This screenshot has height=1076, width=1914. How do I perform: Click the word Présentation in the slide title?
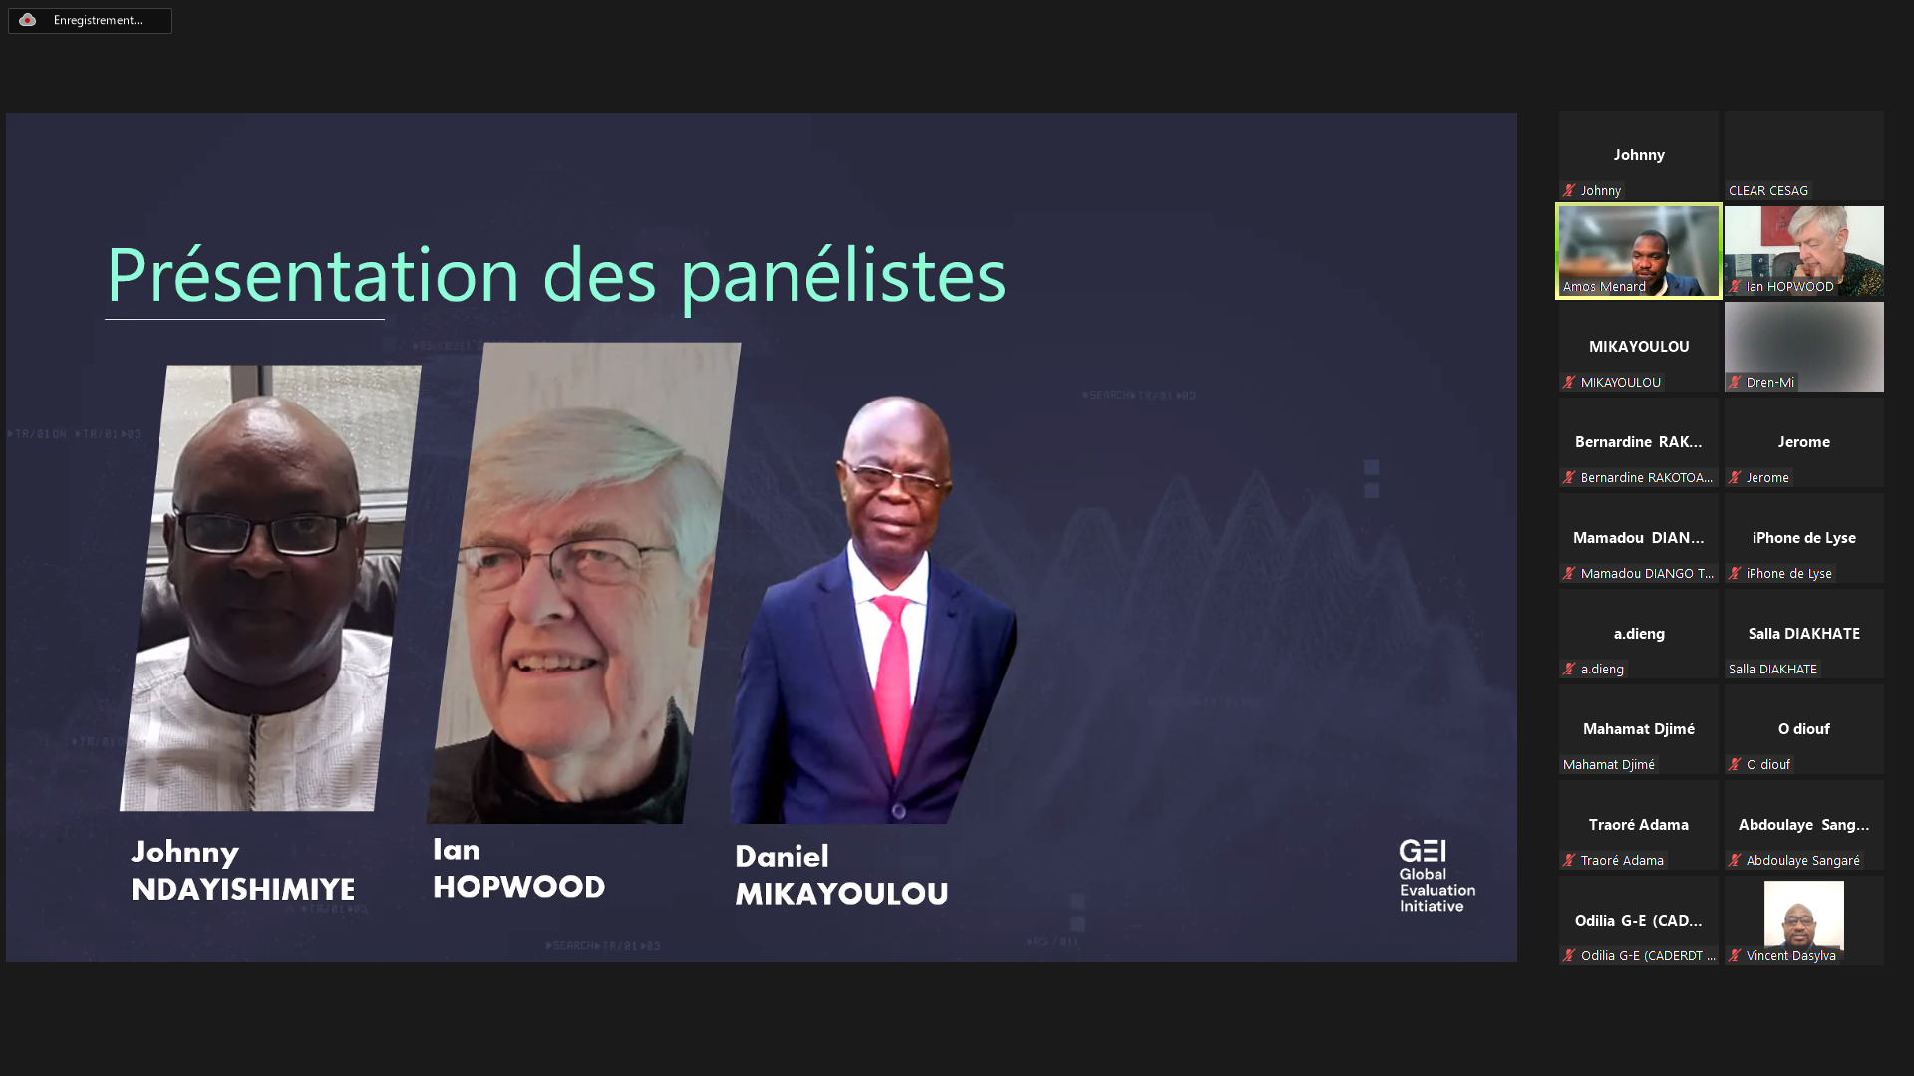(x=313, y=275)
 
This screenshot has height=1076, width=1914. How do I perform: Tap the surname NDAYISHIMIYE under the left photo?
(x=242, y=889)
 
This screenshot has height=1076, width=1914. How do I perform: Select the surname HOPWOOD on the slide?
(x=518, y=887)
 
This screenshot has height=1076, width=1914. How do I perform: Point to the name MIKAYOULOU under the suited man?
(x=841, y=894)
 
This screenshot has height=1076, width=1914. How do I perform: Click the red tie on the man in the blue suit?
(x=893, y=677)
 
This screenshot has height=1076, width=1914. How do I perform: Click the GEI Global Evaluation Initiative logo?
(x=1436, y=876)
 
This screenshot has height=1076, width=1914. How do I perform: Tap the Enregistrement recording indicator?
(x=90, y=20)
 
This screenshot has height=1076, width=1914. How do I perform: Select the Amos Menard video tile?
(x=1639, y=251)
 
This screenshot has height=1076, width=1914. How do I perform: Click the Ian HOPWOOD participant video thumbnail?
(x=1804, y=251)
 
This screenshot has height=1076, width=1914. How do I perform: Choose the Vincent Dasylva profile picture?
(x=1804, y=914)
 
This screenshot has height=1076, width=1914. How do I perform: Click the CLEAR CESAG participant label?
(x=1768, y=190)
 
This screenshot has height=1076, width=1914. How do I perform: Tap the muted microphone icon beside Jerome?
(x=1735, y=478)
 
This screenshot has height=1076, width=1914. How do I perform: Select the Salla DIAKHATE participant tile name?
(x=1804, y=634)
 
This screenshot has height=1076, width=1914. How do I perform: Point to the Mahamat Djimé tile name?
(x=1639, y=729)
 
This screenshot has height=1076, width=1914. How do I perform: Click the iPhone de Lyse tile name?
(x=1804, y=538)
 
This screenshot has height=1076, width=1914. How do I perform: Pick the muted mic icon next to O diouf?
(x=1735, y=765)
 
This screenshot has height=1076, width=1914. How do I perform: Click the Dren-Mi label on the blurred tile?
(x=1770, y=382)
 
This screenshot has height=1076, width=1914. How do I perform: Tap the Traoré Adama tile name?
(x=1639, y=825)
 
